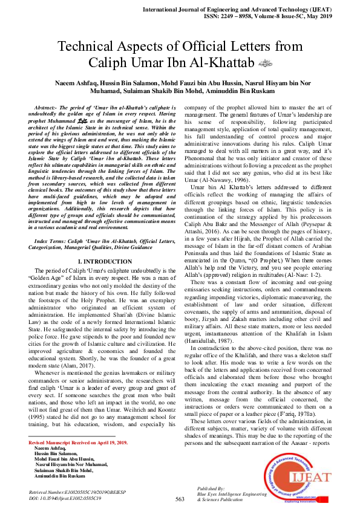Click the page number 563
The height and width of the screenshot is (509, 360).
(180, 499)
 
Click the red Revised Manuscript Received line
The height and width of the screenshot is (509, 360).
(77, 443)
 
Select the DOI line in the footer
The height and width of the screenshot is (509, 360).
(65, 499)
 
